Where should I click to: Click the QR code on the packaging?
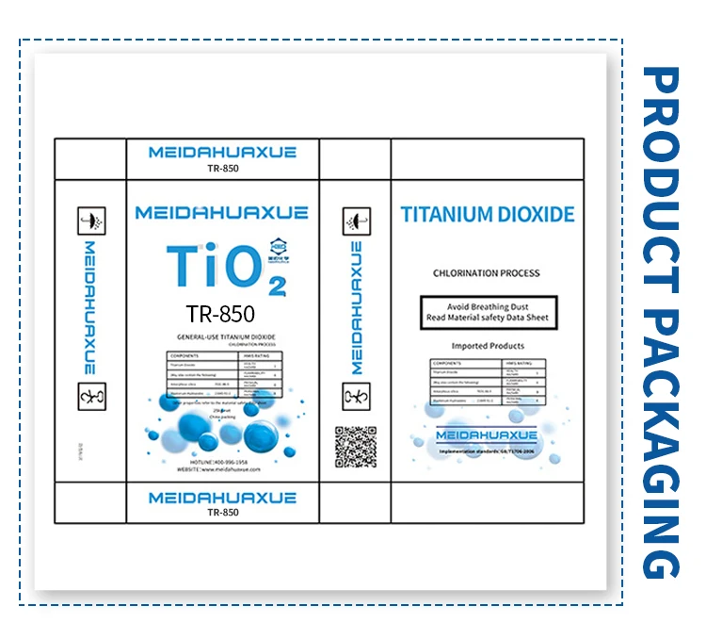(355, 447)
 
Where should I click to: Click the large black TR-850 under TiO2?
(220, 313)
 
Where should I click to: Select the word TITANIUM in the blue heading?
(446, 214)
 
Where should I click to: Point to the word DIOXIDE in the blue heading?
(535, 214)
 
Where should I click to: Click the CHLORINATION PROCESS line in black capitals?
(486, 273)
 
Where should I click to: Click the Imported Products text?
(487, 346)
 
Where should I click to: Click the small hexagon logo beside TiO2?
(279, 241)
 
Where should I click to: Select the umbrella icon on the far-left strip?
(90, 220)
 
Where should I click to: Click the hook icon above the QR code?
(355, 397)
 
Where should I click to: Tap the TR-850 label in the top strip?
(222, 170)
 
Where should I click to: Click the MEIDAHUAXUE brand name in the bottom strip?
(222, 497)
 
